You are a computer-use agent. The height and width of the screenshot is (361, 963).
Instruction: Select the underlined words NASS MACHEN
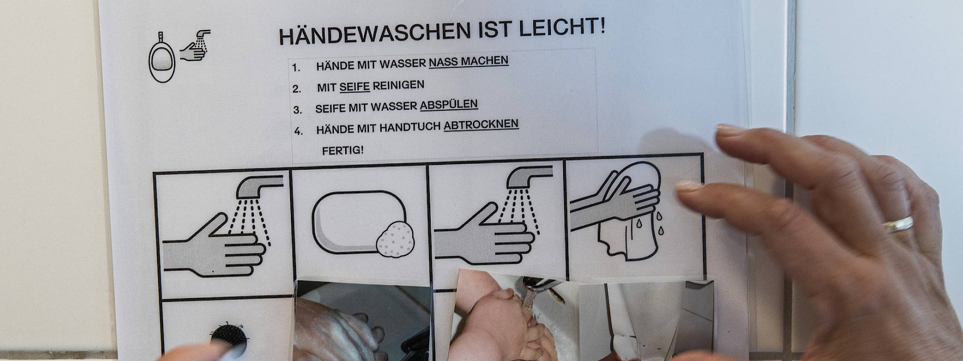click(x=468, y=62)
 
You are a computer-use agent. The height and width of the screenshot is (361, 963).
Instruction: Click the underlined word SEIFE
click(x=354, y=87)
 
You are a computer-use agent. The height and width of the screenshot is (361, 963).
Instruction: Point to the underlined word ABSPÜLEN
click(x=449, y=105)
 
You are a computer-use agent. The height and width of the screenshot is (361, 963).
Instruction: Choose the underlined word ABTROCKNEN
click(x=481, y=125)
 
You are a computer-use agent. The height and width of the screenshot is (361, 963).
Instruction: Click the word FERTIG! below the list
click(x=343, y=150)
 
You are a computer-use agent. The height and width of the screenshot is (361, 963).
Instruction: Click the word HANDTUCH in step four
click(x=410, y=127)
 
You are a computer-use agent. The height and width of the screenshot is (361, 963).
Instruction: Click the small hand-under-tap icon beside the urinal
click(x=195, y=46)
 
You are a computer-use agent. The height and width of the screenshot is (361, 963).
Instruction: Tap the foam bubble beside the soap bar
click(x=395, y=238)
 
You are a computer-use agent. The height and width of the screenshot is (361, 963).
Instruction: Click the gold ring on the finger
click(x=898, y=224)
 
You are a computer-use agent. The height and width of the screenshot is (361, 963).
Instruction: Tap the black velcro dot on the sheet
click(x=228, y=339)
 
